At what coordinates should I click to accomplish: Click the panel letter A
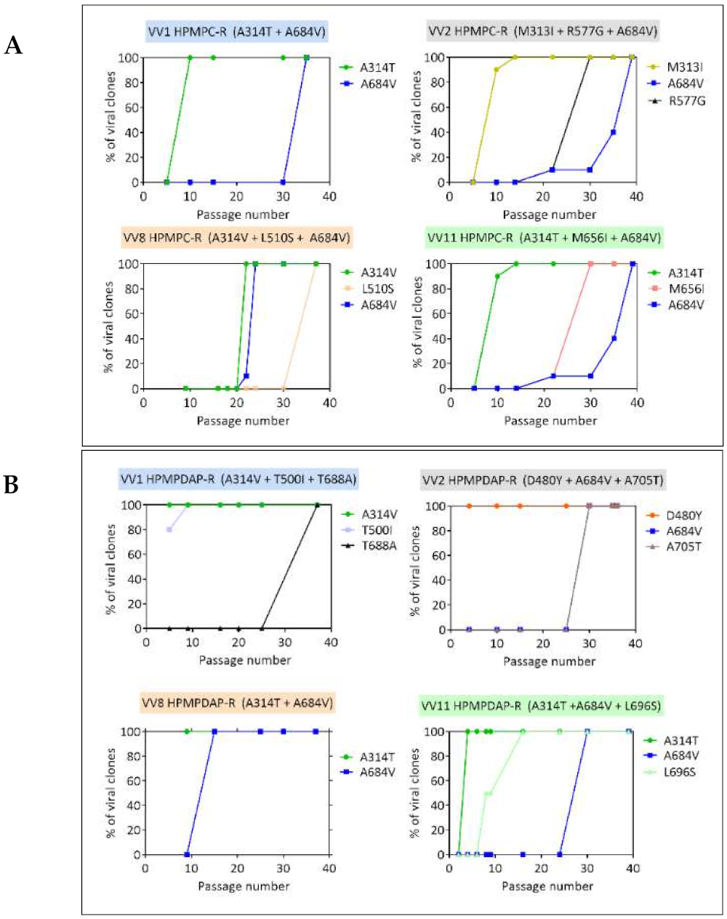[x=13, y=46]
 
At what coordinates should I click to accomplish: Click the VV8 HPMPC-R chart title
[x=236, y=237]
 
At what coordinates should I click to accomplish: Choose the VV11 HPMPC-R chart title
[x=544, y=237]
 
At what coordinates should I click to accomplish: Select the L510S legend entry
[x=377, y=289]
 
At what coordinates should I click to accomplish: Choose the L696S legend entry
[x=679, y=771]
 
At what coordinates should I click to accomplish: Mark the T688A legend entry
[x=378, y=545]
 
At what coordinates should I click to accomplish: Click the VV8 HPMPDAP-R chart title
[x=237, y=702]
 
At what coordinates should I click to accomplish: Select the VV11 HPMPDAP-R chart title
[x=541, y=705]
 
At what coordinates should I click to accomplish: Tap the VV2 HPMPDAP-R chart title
[x=542, y=480]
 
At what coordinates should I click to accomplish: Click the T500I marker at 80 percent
[x=169, y=529]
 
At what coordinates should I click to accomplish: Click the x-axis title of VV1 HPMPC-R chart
[x=242, y=214]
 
